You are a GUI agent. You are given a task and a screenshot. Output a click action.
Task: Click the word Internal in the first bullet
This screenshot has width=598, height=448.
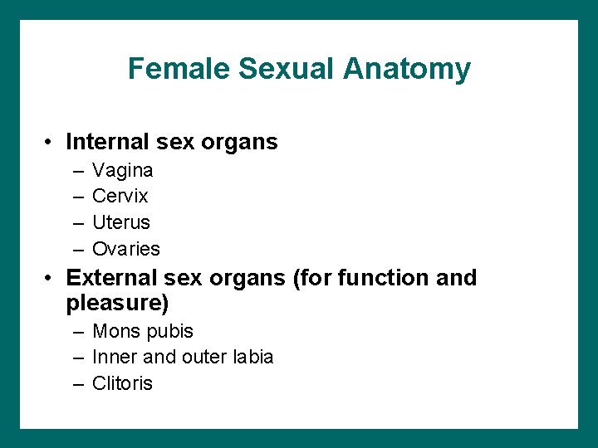105,142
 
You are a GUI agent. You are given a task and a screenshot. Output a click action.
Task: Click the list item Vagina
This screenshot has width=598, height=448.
122,171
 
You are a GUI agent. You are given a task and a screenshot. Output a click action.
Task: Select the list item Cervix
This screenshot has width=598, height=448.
120,197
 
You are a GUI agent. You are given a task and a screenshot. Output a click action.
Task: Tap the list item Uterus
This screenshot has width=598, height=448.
121,222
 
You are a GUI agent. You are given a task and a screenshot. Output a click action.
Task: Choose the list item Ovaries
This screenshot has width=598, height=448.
126,249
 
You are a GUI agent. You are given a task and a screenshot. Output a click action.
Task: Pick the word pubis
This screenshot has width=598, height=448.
169,332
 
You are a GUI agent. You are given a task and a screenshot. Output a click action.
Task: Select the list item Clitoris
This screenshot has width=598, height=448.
122,383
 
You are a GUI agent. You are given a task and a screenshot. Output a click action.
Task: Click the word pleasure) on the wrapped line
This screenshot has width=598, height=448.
116,303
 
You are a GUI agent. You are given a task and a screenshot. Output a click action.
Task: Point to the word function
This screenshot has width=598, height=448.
380,277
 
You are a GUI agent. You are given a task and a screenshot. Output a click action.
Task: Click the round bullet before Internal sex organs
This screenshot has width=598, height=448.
51,143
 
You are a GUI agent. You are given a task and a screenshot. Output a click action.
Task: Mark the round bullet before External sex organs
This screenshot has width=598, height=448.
51,278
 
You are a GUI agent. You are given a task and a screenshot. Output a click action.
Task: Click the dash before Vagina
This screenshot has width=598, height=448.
77,171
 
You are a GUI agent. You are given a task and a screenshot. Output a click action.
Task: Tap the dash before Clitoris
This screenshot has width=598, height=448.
77,383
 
